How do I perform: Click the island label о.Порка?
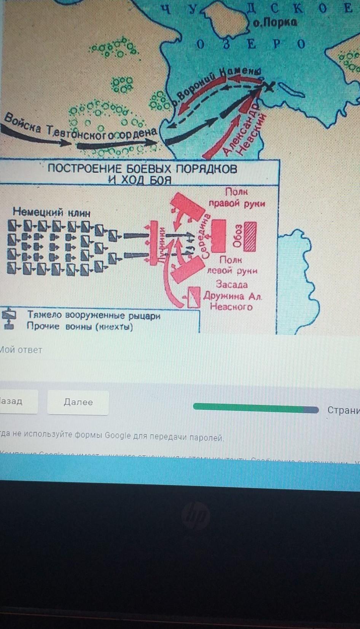pyautogui.click(x=275, y=23)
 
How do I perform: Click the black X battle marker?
pyautogui.click(x=269, y=87)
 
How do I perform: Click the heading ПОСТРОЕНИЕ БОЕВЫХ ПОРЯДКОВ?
pyautogui.click(x=142, y=169)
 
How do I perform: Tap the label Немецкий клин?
pyautogui.click(x=51, y=212)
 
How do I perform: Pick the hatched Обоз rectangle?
pyautogui.click(x=250, y=236)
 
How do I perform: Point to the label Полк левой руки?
pyautogui.click(x=232, y=265)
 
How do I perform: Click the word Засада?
pyautogui.click(x=232, y=284)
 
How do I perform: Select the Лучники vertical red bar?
pyautogui.click(x=154, y=243)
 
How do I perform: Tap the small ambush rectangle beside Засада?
pyautogui.click(x=194, y=297)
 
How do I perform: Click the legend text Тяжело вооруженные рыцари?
pyautogui.click(x=94, y=316)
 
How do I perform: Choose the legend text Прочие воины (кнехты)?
pyautogui.click(x=80, y=327)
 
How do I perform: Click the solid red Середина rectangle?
pyautogui.click(x=218, y=236)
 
